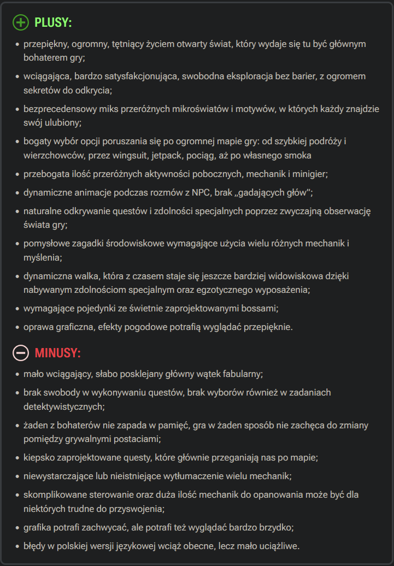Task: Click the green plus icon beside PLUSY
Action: pos(21,22)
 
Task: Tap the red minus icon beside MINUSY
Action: pos(21,353)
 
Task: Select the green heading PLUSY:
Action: pos(53,23)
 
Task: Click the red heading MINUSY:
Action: pos(57,353)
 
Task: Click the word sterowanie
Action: pos(98,494)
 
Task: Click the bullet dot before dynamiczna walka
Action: pos(17,276)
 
